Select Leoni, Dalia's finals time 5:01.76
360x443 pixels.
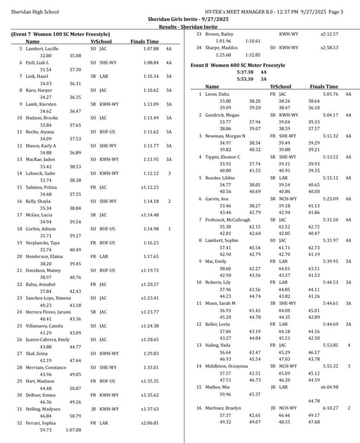tap(330, 94)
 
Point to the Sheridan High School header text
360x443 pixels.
tap(35, 12)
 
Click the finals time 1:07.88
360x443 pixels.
tap(151, 48)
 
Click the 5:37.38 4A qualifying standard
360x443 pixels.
tap(252, 72)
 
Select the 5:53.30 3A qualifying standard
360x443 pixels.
tap(252, 79)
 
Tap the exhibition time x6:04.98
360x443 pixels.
tap(329, 387)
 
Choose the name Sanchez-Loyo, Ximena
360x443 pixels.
tap(48, 298)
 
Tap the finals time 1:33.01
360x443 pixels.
tap(151, 367)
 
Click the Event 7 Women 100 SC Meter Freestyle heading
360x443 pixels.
tap(61, 34)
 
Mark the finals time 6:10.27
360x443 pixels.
tap(330, 408)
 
